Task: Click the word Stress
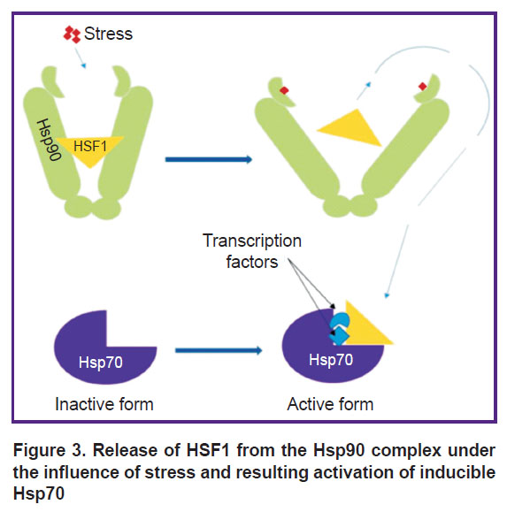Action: (108, 34)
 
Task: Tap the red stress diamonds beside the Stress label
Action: (72, 34)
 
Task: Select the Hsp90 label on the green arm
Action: (50, 140)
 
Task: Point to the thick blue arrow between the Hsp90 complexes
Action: (209, 159)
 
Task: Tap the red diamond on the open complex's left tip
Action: (284, 90)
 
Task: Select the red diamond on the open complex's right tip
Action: (422, 87)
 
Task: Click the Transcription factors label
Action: (252, 251)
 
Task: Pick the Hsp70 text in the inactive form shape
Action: (101, 363)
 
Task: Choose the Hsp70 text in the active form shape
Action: (331, 360)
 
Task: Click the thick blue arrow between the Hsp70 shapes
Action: (219, 350)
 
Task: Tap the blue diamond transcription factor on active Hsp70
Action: (339, 336)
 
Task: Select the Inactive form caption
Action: (104, 404)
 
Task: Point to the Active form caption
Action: (330, 404)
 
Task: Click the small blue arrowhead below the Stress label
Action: (84, 66)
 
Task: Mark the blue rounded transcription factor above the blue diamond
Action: (340, 320)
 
